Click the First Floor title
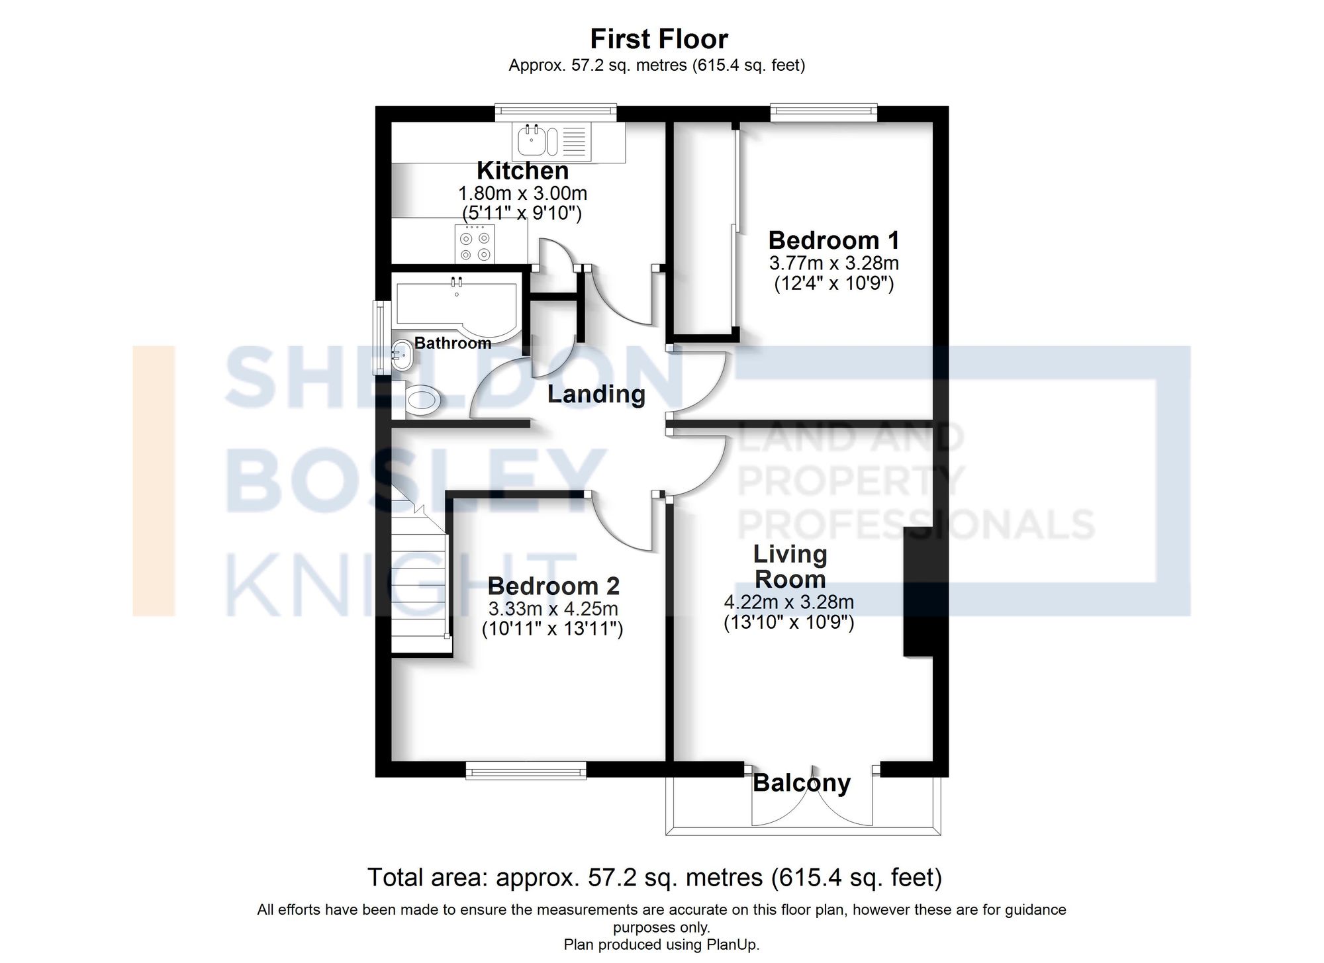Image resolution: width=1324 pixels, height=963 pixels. coord(659,39)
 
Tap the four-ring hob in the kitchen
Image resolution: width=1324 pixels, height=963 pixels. coord(475,244)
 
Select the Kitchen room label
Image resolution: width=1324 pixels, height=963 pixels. coord(522,171)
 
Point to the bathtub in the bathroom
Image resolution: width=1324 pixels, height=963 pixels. coord(457,308)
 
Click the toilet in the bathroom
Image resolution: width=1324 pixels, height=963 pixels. coord(422,400)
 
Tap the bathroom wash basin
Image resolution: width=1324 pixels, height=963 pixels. coord(401,356)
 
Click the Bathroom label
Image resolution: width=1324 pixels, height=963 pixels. coord(453,343)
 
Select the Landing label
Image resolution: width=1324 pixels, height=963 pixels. coord(596,394)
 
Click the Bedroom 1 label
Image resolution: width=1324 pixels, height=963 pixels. coord(833,240)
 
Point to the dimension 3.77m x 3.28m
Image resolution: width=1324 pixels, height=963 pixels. coord(833,263)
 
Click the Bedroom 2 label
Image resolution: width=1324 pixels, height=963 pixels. coord(553,586)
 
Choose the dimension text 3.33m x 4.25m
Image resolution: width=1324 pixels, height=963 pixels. coord(553,608)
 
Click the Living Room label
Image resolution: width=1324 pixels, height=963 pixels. coord(790,567)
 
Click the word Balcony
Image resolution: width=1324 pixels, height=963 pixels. coord(801,783)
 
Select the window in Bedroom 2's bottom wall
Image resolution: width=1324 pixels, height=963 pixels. coord(526,769)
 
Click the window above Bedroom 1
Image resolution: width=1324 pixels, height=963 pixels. coord(824,113)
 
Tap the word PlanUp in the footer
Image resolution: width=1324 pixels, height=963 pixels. coord(733,944)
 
